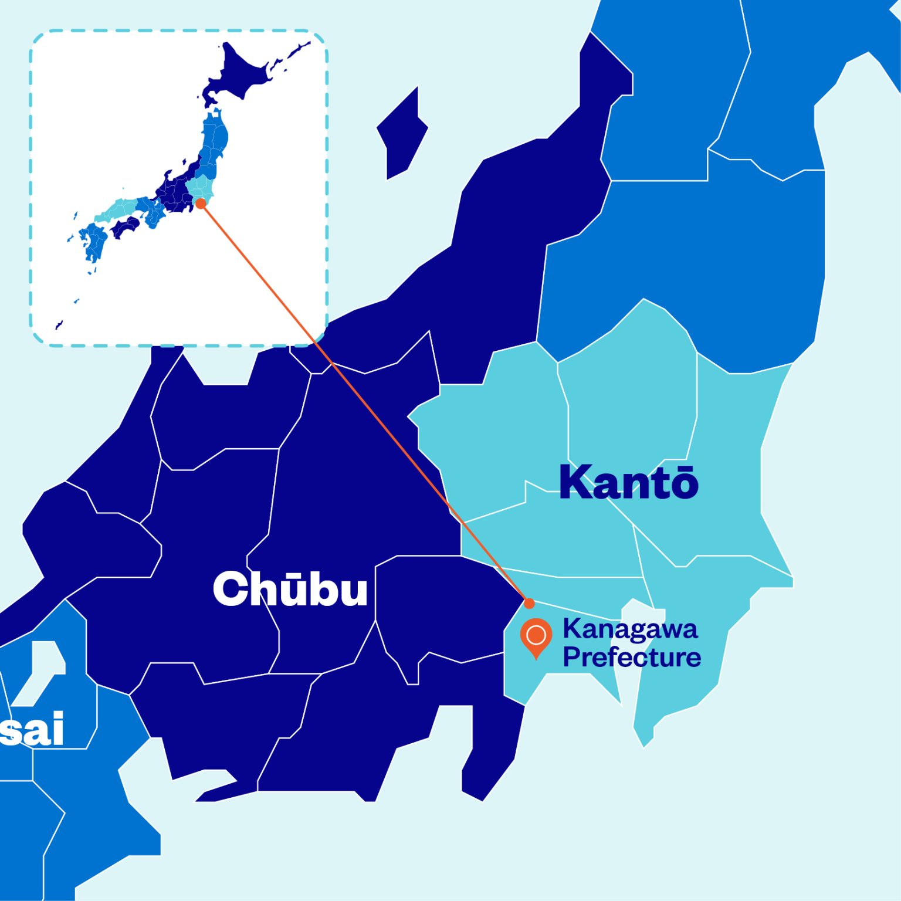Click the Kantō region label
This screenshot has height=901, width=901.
coord(628,482)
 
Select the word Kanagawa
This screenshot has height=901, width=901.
coord(630,630)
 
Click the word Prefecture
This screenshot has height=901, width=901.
coord(632,657)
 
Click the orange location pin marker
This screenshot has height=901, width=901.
coord(536,636)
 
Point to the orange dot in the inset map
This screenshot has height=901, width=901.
coord(201,203)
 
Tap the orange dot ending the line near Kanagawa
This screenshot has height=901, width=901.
coord(529,603)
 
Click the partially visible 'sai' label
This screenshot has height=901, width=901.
coord(32,729)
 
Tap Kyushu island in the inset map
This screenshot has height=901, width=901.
coord(93,243)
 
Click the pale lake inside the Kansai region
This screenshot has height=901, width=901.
coord(41,669)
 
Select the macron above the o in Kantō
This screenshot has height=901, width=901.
coord(683,468)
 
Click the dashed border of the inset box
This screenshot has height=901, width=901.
coord(176,31)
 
